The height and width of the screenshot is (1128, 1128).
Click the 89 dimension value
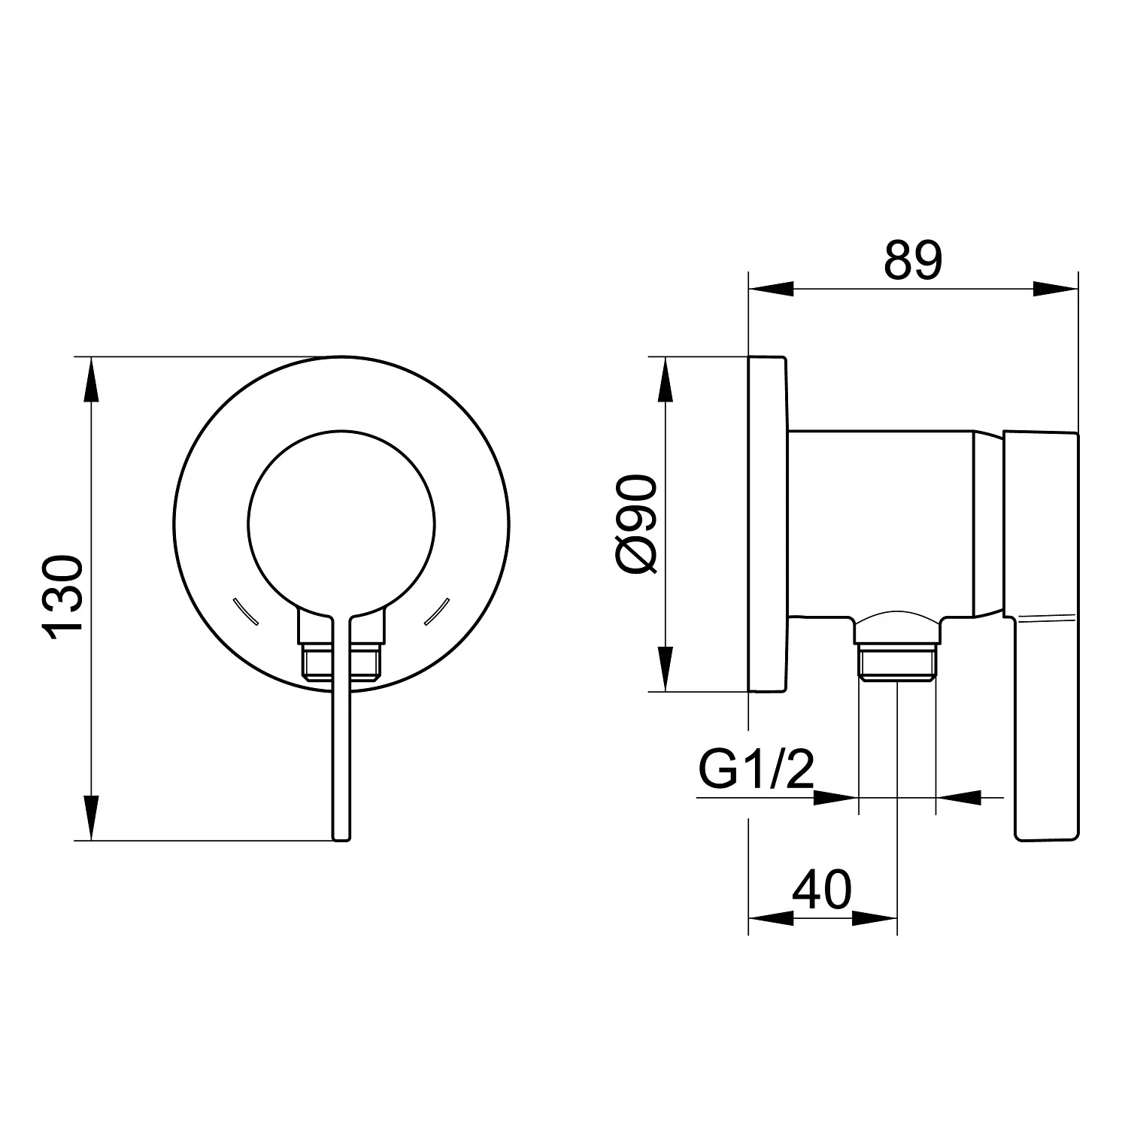[x=912, y=261]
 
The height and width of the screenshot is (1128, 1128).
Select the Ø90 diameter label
[x=636, y=526]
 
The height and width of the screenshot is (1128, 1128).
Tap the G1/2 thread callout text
[x=755, y=768]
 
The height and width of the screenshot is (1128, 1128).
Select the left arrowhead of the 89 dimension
[x=772, y=289]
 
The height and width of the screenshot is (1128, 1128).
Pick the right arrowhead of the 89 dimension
[x=1056, y=289]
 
